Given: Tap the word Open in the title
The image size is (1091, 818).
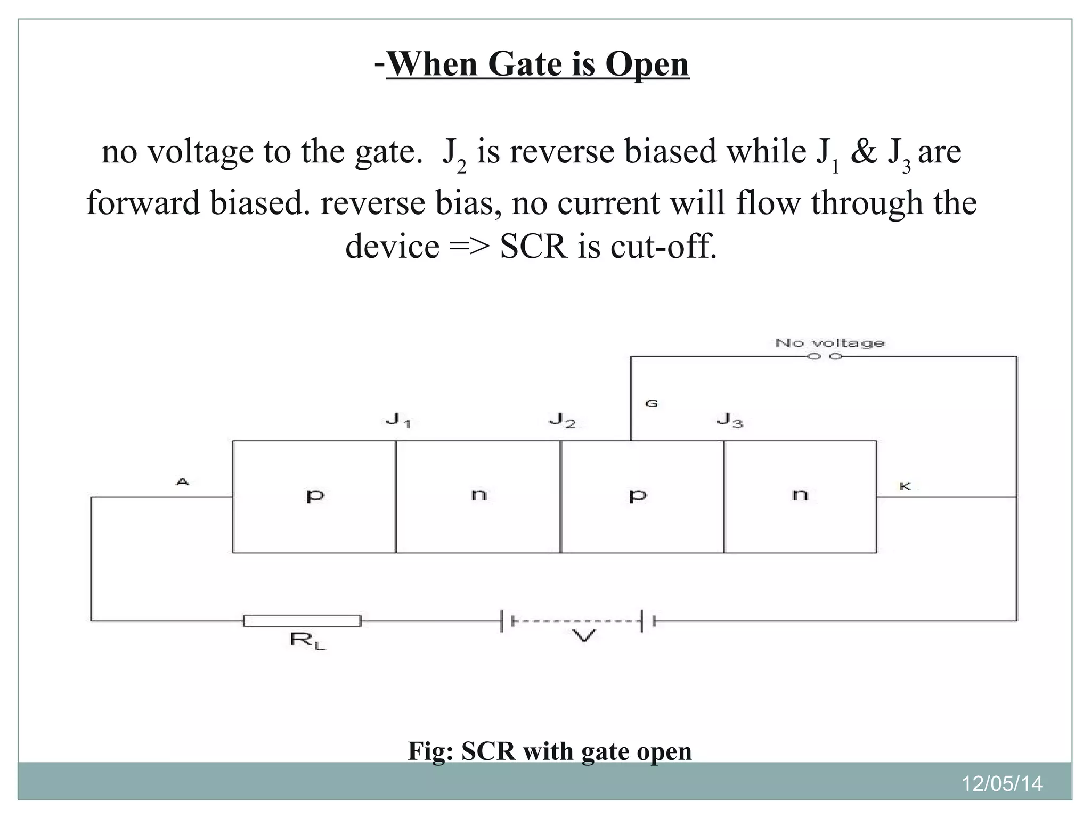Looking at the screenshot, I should click(x=647, y=64).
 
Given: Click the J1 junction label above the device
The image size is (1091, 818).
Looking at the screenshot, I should click(x=398, y=421).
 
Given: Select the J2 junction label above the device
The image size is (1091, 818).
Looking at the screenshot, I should click(x=562, y=421).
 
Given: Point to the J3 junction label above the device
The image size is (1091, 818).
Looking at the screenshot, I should click(x=729, y=421).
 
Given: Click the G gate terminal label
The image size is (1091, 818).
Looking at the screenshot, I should click(x=651, y=404).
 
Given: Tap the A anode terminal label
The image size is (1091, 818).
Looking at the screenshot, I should click(x=182, y=482).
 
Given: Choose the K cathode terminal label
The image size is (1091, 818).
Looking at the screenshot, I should click(x=905, y=486).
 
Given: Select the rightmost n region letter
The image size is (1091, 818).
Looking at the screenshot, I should click(x=800, y=495).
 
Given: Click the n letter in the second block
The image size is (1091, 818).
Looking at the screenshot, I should click(x=478, y=495).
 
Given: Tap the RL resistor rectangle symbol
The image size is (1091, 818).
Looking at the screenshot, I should click(x=302, y=620).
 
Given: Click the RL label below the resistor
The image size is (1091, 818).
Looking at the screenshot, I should click(x=307, y=640).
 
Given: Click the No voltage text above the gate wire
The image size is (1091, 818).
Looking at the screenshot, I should click(x=829, y=343).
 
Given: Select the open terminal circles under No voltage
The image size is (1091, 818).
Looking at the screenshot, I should click(x=825, y=356).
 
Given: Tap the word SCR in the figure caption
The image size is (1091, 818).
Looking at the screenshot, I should click(x=488, y=751).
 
